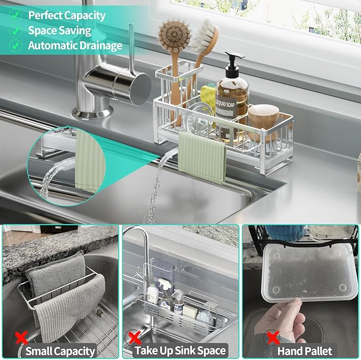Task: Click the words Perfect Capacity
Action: click(66, 15)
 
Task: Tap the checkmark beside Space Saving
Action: click(15, 30)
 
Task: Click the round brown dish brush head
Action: click(174, 35)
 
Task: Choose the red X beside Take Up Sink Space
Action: click(135, 338)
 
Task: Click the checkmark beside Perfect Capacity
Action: click(15, 15)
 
